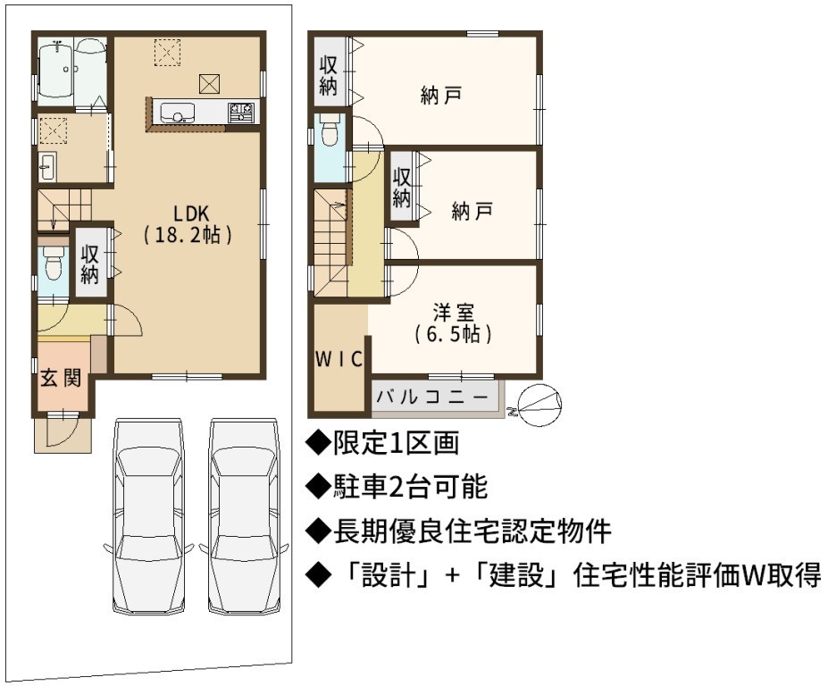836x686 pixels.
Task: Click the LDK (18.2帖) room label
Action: coord(188,224)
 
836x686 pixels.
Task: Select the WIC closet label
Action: coord(339,359)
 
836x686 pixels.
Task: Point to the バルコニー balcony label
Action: coord(432,397)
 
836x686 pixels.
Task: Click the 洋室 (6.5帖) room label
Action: coord(453,323)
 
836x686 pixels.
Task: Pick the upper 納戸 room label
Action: coord(440,96)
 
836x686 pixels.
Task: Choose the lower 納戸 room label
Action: coord(472,211)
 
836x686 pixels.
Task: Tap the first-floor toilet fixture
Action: coord(53,264)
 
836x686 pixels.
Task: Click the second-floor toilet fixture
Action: coord(330,130)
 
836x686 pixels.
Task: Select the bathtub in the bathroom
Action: coord(56,70)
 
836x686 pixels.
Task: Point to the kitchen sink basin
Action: coord(177,113)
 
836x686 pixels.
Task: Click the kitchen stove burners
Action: coord(241,113)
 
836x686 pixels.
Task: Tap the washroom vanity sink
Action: coord(47,167)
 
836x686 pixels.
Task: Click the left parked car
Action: coord(148,516)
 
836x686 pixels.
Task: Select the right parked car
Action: coord(244,516)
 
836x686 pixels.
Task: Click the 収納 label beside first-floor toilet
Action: coord(90,264)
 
